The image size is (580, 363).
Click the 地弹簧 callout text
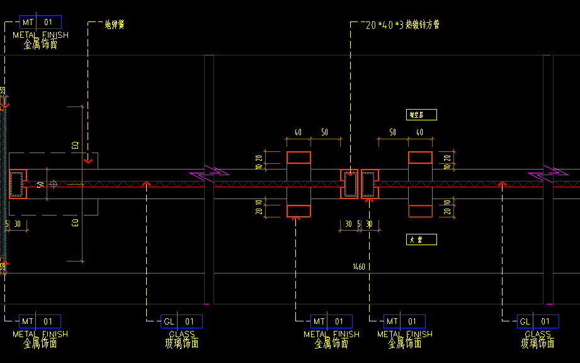(x=115, y=25)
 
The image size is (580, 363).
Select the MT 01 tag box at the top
(x=40, y=22)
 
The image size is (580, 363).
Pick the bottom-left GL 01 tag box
(x=181, y=321)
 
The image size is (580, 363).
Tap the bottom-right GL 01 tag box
(x=537, y=321)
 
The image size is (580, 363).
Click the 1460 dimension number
(x=359, y=267)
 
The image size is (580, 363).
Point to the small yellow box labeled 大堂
(x=421, y=239)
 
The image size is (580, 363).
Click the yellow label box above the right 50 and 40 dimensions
(x=421, y=115)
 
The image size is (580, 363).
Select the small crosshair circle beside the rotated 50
(x=54, y=184)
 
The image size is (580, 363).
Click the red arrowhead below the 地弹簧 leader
(x=88, y=161)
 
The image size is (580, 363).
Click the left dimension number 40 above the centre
(x=298, y=132)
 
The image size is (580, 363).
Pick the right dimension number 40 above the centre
(x=420, y=132)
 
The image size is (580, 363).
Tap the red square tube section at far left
(x=17, y=184)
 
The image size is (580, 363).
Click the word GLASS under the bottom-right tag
(x=537, y=334)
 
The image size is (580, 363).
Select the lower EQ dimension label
(x=76, y=222)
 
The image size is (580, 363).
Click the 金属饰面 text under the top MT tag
(x=40, y=45)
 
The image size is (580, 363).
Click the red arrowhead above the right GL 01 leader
(x=502, y=184)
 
